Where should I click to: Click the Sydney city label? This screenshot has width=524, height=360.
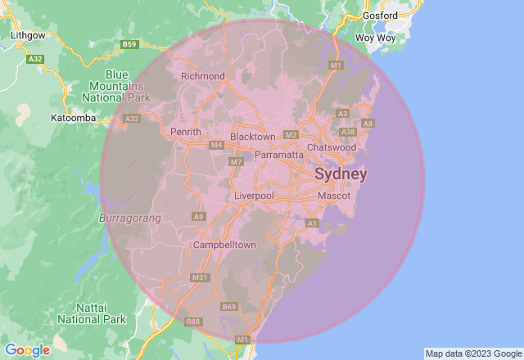[341, 175]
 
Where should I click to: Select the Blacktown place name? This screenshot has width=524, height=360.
[253, 137]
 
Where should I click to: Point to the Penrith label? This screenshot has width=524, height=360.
[185, 132]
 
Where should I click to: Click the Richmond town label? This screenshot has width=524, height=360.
[201, 76]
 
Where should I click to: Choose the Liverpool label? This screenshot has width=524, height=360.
[254, 196]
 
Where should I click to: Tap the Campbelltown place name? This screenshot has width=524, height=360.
[224, 245]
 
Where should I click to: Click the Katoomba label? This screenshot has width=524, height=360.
[74, 118]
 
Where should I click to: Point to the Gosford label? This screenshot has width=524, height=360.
[381, 16]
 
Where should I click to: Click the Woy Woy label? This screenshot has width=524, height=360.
[376, 38]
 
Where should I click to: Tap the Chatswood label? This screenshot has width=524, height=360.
[332, 147]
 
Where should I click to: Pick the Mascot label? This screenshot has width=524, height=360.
[334, 196]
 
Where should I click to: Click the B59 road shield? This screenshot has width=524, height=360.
[129, 43]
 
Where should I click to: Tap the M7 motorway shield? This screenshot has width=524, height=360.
[236, 162]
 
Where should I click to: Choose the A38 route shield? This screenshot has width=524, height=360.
[348, 131]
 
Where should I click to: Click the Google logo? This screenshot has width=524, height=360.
[27, 350]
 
